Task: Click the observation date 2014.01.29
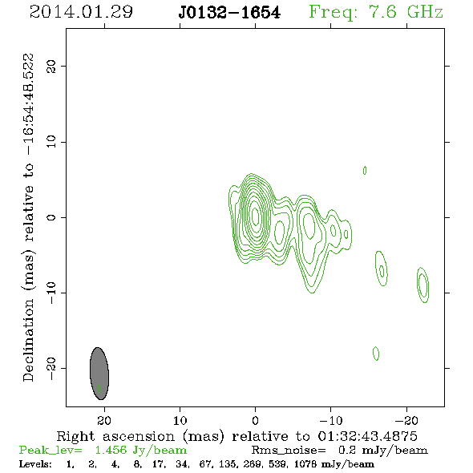pos(81,12)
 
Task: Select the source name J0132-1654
pos(229,13)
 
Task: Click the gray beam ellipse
pos(99,374)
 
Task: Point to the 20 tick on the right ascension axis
pos(104,420)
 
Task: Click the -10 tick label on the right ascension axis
pos(330,420)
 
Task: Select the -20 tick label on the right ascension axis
pos(406,420)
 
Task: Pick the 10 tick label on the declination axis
pos(51,142)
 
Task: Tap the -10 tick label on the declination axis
pos(51,293)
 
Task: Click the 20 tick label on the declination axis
pos(51,66)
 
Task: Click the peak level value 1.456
pos(111,450)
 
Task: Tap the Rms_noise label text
pos(289,451)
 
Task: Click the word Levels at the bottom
pos(35,464)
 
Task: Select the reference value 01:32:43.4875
pos(367,436)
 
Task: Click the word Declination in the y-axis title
pos(28,340)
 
